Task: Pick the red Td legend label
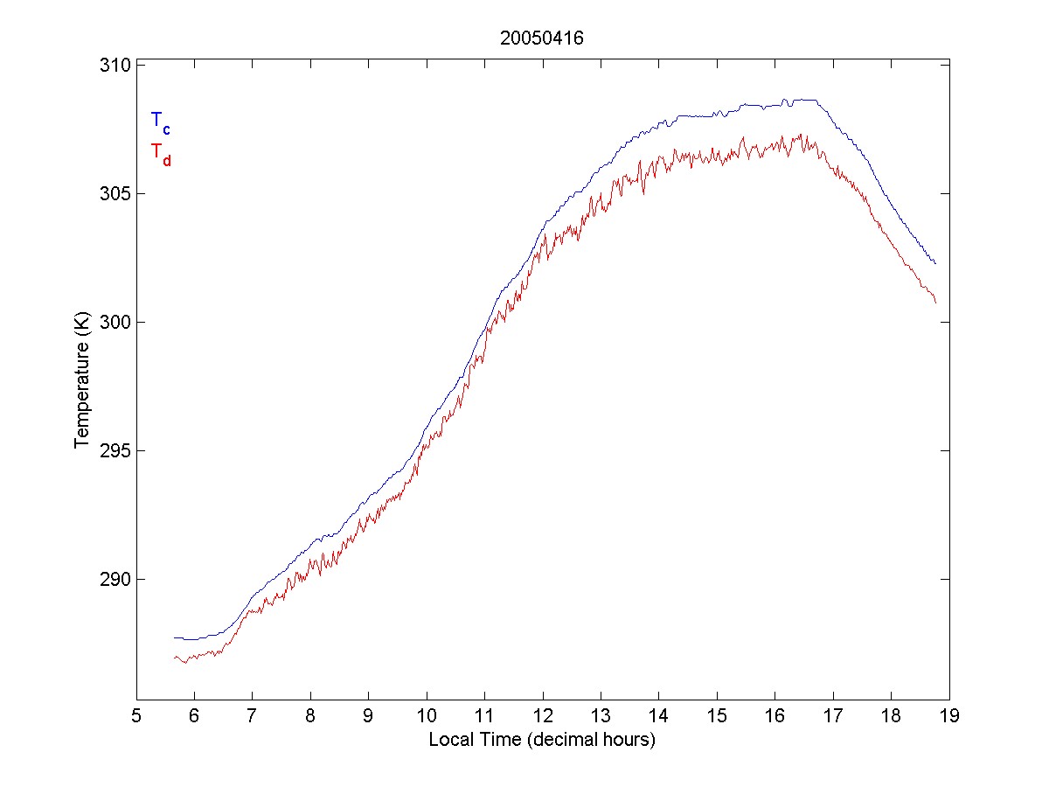coord(160,152)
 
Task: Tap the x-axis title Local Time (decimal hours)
coord(542,740)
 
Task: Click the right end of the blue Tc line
coord(935,263)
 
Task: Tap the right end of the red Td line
coord(935,303)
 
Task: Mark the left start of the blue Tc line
coord(174,637)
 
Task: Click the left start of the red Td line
coord(174,657)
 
